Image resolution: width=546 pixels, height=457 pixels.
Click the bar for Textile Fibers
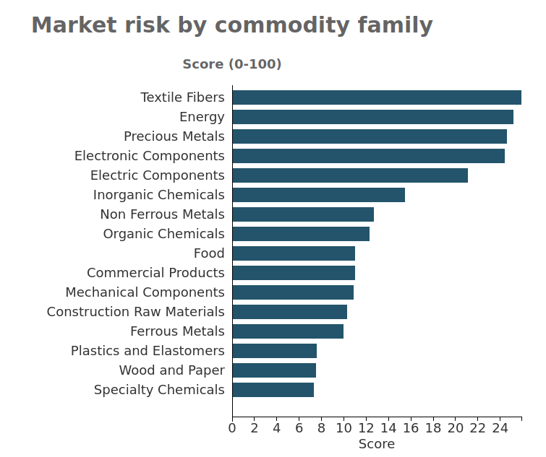point(377,97)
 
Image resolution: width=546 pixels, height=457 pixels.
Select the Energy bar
point(372,117)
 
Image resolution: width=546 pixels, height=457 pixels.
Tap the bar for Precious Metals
point(370,136)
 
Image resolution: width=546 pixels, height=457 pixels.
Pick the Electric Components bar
point(350,175)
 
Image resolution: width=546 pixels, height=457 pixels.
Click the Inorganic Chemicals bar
point(318,195)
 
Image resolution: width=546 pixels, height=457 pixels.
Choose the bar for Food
point(294,253)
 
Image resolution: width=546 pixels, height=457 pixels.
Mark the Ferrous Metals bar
point(288,331)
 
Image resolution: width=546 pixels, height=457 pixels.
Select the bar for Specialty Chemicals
point(273,390)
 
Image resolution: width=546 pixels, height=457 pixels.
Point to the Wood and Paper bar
point(274,370)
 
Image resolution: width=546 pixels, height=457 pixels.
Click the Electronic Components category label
point(150,156)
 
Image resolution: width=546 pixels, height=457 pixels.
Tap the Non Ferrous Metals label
point(162,214)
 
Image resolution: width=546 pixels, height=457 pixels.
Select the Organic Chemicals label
point(163,234)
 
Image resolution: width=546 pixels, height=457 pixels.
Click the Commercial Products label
point(155,273)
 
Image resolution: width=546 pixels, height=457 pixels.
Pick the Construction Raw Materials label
point(136,312)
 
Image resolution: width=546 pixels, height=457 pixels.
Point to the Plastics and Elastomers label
point(148,351)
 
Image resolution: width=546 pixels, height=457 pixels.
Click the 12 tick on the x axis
point(366,427)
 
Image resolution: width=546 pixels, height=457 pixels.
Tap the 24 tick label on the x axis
point(500,427)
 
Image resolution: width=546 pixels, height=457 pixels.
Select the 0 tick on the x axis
point(232,427)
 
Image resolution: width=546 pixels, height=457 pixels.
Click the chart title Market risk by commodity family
point(231,25)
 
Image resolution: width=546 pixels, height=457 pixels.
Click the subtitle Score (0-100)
point(231,64)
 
